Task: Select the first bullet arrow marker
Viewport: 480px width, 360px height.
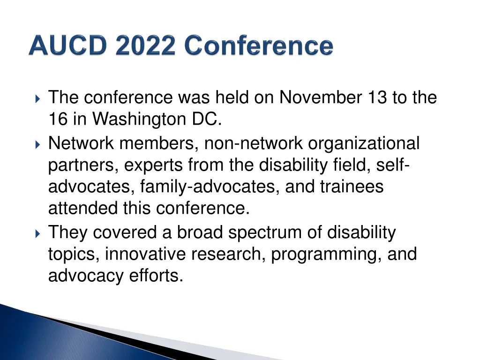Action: point(38,99)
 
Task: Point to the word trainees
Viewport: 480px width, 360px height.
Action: point(352,187)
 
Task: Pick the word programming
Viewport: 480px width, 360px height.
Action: point(326,255)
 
